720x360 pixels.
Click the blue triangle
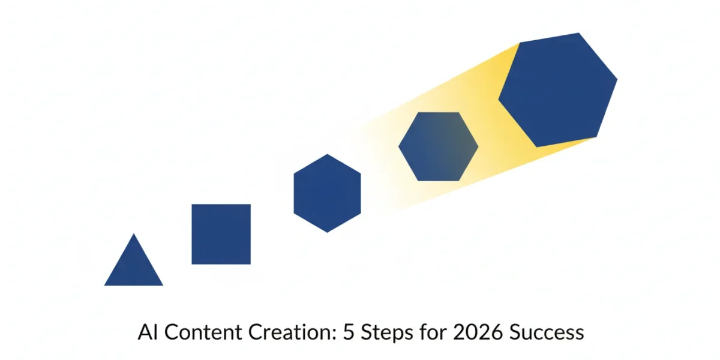point(134,267)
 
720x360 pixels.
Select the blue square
point(221,235)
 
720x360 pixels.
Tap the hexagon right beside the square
point(327,193)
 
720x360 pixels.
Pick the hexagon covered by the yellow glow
point(439,146)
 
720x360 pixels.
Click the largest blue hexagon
point(557,90)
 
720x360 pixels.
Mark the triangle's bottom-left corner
point(104,286)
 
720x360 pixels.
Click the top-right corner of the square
point(250,205)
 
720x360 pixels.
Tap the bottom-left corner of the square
point(192,264)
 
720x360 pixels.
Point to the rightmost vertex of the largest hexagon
point(617,79)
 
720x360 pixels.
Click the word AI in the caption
point(148,332)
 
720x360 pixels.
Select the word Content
point(203,332)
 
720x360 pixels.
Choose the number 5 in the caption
point(349,332)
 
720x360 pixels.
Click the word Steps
point(387,333)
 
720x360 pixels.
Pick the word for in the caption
point(433,332)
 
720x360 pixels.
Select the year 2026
point(478,332)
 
